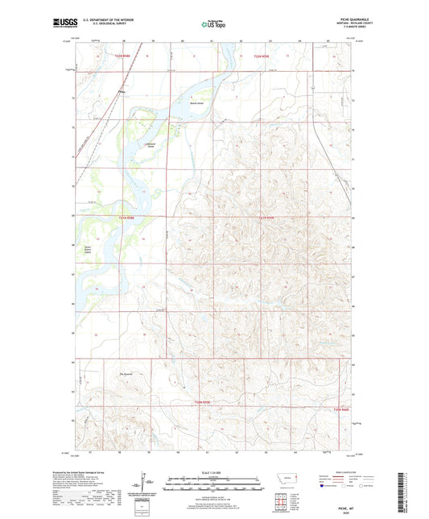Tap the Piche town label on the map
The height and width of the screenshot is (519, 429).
point(122,91)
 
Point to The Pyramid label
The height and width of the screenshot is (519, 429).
point(126,373)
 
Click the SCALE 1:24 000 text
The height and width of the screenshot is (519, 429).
point(215,471)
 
